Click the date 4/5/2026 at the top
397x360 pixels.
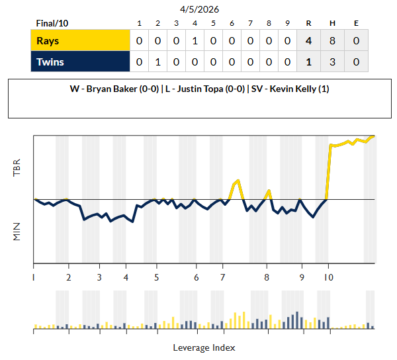(x=199, y=9)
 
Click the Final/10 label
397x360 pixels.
(x=52, y=24)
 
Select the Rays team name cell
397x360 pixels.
(x=80, y=41)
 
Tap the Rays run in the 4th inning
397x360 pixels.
(x=195, y=41)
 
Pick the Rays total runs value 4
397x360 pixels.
(x=309, y=41)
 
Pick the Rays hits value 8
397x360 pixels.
(x=332, y=41)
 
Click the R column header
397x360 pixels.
(x=309, y=24)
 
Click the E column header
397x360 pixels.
(x=356, y=24)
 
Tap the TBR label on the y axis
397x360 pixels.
(x=17, y=167)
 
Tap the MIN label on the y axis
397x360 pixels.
(x=17, y=231)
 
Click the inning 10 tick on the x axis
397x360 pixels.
(x=328, y=277)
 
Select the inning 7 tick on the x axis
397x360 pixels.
(x=222, y=277)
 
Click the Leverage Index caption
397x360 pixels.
(x=204, y=347)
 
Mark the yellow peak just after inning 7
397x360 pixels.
(x=238, y=181)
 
